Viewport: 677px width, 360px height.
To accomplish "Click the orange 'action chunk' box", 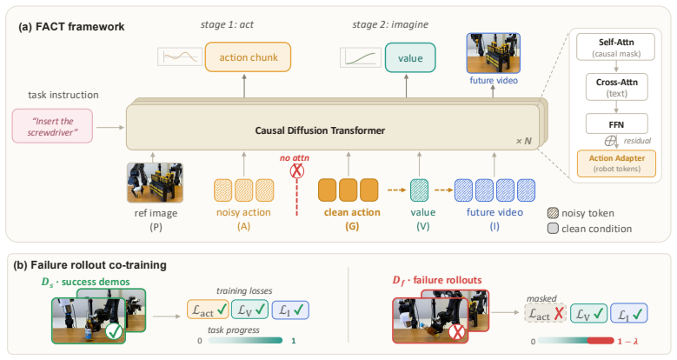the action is click(248, 57).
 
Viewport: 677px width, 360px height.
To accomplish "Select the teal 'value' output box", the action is click(410, 58).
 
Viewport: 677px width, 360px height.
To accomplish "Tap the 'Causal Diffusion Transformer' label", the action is click(320, 130).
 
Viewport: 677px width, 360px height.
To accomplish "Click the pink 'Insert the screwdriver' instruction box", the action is click(52, 126).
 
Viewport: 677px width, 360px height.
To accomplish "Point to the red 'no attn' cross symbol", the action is click(296, 171).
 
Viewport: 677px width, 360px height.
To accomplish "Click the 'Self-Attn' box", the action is click(615, 47).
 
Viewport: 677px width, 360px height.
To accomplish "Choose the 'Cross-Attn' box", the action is click(616, 87).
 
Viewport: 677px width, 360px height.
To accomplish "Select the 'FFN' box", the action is click(616, 124).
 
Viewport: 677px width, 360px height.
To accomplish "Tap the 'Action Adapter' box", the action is click(616, 163).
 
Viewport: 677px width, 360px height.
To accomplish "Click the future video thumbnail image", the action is click(494, 54).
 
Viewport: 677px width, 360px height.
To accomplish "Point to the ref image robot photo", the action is click(155, 183).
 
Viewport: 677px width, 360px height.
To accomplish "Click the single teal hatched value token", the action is click(419, 190).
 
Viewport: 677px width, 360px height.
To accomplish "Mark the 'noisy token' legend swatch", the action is click(553, 213).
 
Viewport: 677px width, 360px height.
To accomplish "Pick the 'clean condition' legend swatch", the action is click(553, 229).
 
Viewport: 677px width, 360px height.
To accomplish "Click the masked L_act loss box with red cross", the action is click(546, 313).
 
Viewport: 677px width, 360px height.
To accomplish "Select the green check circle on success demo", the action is click(115, 332).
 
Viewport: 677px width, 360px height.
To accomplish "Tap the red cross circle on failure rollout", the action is click(457, 332).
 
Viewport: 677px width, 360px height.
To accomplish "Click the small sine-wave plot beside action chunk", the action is click(180, 57).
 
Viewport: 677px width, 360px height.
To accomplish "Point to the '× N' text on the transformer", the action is click(524, 142).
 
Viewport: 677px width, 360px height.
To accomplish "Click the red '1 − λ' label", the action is click(627, 342).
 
